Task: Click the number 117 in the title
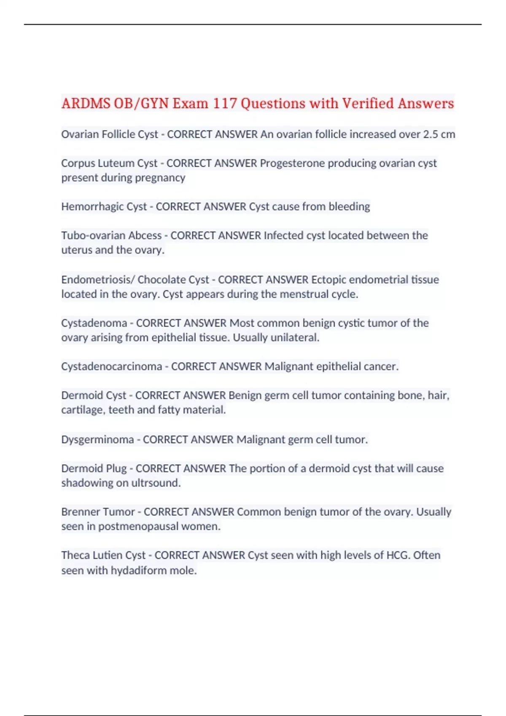pos(224,103)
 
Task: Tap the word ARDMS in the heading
pos(86,103)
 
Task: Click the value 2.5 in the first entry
pos(431,134)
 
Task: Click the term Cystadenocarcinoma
pos(111,366)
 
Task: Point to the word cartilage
pos(82,410)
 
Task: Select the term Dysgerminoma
pos(97,439)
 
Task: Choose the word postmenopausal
pos(138,526)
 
